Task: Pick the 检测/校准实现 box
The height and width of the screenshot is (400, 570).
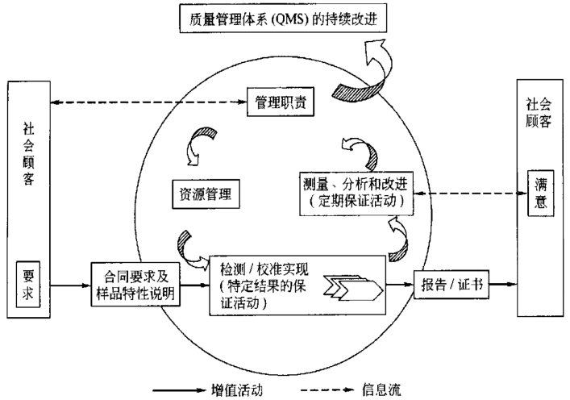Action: click(x=295, y=285)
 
